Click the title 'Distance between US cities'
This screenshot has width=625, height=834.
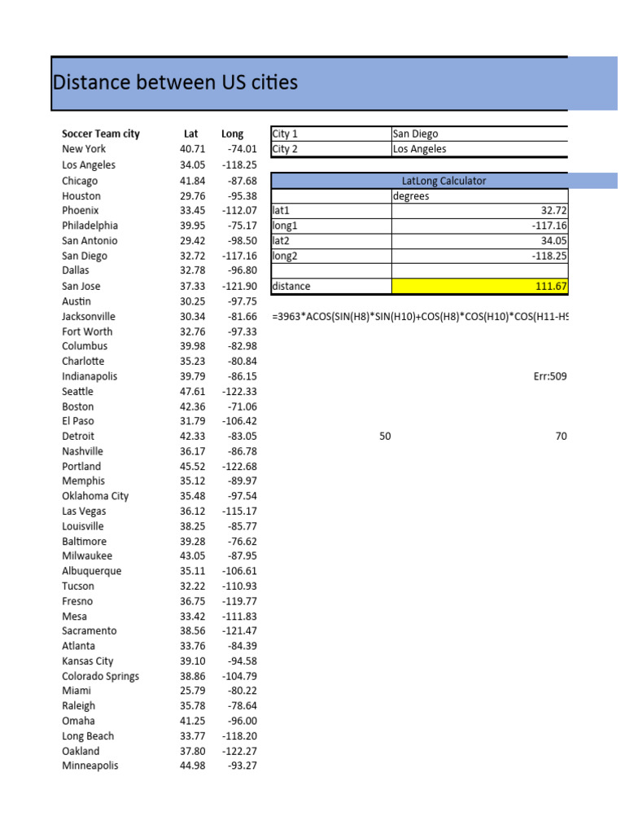click(x=175, y=82)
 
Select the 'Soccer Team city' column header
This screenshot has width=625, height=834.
click(x=100, y=134)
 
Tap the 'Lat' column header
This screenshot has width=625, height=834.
click(x=191, y=134)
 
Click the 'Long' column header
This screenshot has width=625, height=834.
click(x=232, y=134)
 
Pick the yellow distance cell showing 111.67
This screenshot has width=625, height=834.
click(x=479, y=286)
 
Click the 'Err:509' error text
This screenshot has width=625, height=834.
click(x=549, y=377)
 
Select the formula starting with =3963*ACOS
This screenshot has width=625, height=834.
click(x=419, y=317)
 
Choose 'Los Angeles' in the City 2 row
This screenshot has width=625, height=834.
click(x=419, y=149)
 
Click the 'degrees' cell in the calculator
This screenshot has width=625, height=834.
click(x=411, y=196)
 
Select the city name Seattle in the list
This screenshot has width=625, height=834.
click(x=77, y=392)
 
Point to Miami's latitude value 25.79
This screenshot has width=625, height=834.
click(x=192, y=691)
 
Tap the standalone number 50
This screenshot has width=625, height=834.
click(x=385, y=437)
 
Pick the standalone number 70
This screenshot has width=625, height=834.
click(x=561, y=437)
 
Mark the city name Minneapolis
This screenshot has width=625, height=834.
click(x=90, y=766)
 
